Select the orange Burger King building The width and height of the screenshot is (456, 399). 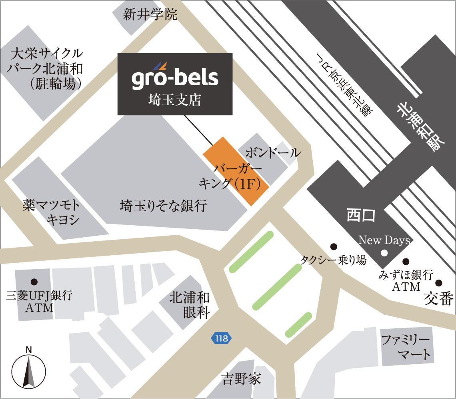tap(235, 171)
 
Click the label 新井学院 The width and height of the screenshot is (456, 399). tap(150, 15)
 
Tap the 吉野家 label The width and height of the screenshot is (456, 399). tap(241, 378)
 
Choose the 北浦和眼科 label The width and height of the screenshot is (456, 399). tap(190, 305)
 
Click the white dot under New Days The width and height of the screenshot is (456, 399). tap(384, 252)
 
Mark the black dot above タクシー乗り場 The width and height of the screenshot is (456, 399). tap(333, 246)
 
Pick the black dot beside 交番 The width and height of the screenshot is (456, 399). tap(439, 282)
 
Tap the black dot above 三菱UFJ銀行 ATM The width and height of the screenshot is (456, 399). tap(34, 281)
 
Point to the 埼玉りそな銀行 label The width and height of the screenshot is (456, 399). tap(163, 206)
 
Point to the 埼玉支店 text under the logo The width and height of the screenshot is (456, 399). tap(174, 100)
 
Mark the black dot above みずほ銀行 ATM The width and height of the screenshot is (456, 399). tap(406, 262)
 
